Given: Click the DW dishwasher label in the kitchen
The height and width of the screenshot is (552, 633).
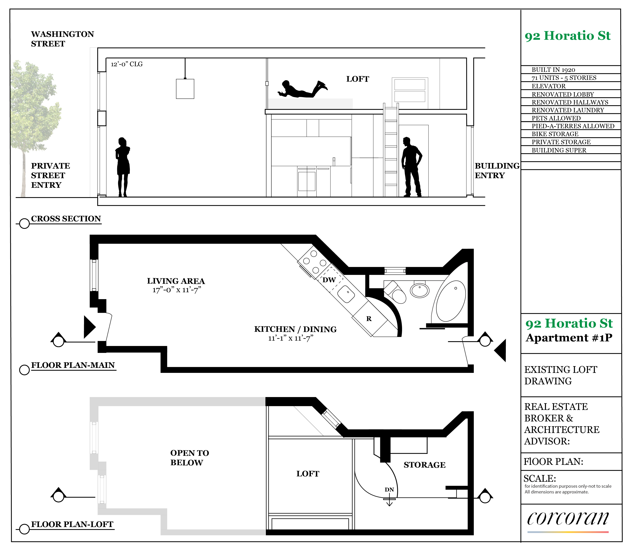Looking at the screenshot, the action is [x=329, y=280].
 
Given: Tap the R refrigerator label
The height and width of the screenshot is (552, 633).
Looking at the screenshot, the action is [x=369, y=319].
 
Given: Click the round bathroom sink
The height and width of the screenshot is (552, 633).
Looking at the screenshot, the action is [x=420, y=290].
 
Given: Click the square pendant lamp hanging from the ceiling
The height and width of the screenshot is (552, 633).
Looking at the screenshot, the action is [x=185, y=89].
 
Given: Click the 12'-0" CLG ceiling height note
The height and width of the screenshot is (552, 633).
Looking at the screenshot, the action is [x=127, y=64].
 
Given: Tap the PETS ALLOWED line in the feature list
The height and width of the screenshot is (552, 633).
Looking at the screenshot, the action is [x=556, y=118].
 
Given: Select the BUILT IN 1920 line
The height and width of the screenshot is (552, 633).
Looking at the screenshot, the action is [x=553, y=70].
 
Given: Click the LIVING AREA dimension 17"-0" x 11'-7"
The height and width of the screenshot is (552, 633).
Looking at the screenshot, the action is [x=177, y=290].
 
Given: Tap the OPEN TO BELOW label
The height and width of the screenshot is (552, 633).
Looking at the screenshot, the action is [x=190, y=458].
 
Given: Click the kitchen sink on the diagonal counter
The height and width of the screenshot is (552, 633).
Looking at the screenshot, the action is [x=346, y=294].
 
